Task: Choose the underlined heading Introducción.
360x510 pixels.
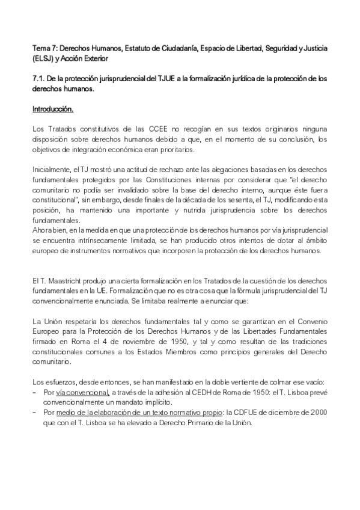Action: (53, 109)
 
